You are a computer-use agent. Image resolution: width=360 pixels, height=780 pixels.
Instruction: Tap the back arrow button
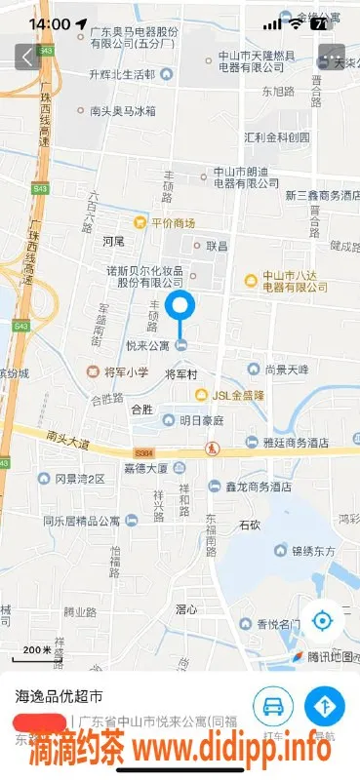(25, 57)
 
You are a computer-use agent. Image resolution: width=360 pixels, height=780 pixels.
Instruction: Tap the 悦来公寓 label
(149, 346)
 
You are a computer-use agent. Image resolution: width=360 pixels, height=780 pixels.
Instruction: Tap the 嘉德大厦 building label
(147, 468)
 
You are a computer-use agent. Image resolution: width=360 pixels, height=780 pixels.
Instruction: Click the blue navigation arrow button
(324, 704)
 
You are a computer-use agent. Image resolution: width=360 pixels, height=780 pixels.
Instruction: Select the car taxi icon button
(273, 704)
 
